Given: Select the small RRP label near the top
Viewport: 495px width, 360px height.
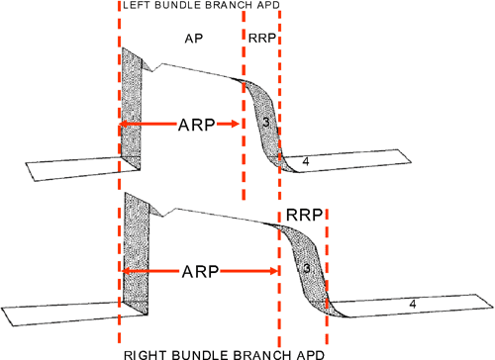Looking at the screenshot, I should (261, 39).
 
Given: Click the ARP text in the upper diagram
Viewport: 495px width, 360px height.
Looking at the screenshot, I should (179, 126).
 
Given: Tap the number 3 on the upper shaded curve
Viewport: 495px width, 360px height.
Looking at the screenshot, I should (263, 122).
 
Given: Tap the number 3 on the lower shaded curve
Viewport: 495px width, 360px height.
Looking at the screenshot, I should (307, 267).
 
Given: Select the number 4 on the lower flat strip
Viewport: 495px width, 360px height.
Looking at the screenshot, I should (410, 306).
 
